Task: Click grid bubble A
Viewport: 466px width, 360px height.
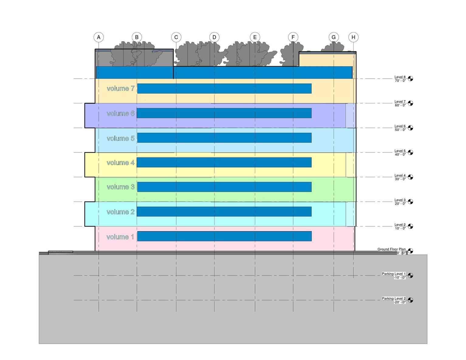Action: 99,37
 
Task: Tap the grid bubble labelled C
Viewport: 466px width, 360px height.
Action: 176,37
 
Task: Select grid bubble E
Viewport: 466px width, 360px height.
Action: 255,37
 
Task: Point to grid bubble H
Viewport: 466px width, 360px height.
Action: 353,37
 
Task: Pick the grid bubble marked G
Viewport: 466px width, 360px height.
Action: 334,37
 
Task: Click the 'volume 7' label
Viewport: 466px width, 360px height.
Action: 121,88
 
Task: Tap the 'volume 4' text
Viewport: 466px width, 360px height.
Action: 121,163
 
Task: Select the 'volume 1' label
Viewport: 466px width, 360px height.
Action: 120,237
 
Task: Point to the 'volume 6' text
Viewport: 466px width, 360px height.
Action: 121,113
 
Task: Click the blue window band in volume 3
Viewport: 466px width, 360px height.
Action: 224,187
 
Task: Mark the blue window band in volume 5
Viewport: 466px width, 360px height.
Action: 224,138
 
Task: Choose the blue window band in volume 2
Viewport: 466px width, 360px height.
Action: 224,211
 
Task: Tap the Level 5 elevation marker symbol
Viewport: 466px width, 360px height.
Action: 410,152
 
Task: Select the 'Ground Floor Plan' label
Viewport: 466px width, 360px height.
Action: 391,249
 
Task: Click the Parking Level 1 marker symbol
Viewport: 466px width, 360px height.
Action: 410,275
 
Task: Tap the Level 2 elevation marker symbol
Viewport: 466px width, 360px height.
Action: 410,226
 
